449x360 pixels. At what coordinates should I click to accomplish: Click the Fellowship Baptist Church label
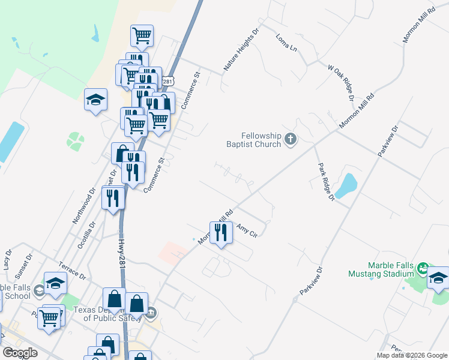[x=262, y=140]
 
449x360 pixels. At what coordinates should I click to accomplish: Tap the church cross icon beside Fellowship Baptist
[x=291, y=140]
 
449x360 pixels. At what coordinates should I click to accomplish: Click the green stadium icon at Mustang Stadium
[x=423, y=266]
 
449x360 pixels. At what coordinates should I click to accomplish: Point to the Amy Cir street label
[x=247, y=230]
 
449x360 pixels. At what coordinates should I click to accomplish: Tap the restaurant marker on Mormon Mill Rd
[x=221, y=231]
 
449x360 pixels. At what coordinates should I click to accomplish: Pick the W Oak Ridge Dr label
[x=340, y=81]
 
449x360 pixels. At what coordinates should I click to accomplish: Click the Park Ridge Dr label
[x=323, y=181]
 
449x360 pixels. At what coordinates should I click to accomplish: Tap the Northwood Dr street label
[x=84, y=207]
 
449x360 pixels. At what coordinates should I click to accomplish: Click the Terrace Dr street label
[x=73, y=269]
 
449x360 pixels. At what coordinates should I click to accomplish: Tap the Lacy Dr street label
[x=7, y=259]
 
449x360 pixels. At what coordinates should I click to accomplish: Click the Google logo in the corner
[x=20, y=353]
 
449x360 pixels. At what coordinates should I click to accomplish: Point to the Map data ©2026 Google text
[x=411, y=355]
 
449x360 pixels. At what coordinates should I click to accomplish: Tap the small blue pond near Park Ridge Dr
[x=345, y=186]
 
